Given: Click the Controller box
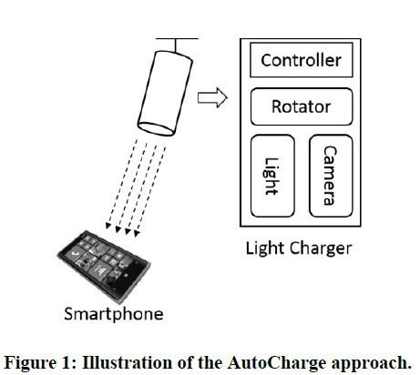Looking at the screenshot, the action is click(302, 60).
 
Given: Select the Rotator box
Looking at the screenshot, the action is click(302, 106).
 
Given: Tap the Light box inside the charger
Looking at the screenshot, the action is click(272, 176).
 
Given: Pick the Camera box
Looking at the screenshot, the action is click(331, 176).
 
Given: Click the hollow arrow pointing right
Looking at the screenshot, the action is click(212, 97).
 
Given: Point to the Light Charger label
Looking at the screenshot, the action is click(299, 248).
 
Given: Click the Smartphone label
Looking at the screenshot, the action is click(114, 314).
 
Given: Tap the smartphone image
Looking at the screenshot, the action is click(104, 266).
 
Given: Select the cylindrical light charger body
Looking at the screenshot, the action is click(166, 94).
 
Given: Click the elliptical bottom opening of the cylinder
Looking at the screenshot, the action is click(157, 128).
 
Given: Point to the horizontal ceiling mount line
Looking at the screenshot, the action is click(177, 39).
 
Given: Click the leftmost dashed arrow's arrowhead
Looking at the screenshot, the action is click(108, 226).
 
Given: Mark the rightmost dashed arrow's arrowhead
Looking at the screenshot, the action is click(137, 233).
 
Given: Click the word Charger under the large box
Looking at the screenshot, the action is click(321, 248).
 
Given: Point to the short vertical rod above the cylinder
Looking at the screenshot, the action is click(176, 46).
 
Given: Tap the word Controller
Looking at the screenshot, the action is click(301, 60).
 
